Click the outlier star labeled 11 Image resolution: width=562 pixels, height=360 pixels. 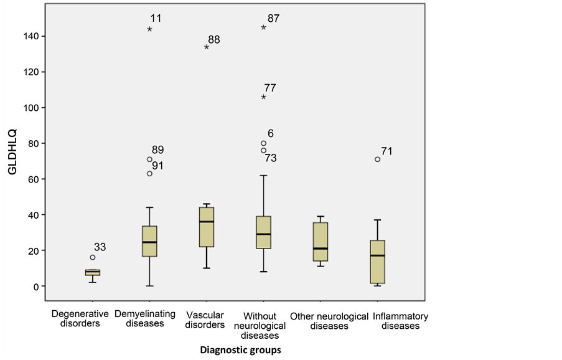(x=150, y=29)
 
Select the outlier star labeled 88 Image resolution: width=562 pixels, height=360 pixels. (x=207, y=47)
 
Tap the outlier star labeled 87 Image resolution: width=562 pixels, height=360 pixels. (x=264, y=27)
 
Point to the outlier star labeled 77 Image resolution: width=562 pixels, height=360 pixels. (x=264, y=97)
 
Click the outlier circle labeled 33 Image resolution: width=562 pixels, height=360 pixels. (x=93, y=257)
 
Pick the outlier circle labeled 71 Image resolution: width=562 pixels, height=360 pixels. (x=378, y=159)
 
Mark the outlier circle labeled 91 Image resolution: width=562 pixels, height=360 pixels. (x=149, y=174)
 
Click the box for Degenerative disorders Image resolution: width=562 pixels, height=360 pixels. (x=93, y=272)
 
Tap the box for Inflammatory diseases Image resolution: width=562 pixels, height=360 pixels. (x=378, y=262)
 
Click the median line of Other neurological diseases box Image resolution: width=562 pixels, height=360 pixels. (x=321, y=249)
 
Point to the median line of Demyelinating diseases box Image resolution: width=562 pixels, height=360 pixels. (x=149, y=242)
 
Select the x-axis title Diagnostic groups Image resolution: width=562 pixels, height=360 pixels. (x=240, y=350)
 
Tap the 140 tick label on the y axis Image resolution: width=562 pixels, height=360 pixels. (x=35, y=37)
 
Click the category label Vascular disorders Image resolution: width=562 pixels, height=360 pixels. (x=205, y=320)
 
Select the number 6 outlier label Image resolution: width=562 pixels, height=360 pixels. (x=271, y=134)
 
